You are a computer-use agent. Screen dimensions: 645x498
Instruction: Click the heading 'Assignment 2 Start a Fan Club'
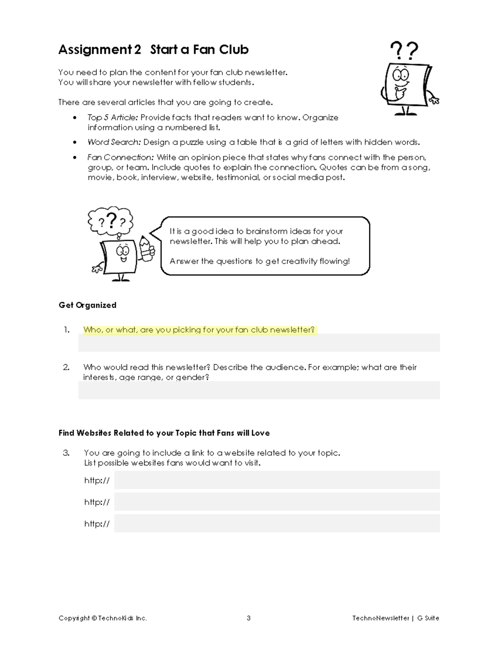pos(153,49)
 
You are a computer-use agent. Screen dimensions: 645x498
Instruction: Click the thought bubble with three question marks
pos(110,221)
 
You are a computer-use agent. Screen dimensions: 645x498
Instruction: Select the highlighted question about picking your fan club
pos(199,330)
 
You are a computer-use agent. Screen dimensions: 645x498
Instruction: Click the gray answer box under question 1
pos(259,343)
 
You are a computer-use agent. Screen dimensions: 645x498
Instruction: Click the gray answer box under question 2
pos(259,391)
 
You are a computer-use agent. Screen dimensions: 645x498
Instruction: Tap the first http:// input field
pos(277,480)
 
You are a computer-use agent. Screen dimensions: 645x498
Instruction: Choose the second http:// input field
pos(277,502)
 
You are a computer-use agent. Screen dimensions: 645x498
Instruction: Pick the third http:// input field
pos(277,523)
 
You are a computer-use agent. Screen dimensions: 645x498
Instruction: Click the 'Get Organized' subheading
pos(87,305)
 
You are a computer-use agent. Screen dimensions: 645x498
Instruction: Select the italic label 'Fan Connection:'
pos(120,157)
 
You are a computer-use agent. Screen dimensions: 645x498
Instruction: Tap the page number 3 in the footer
pos(249,618)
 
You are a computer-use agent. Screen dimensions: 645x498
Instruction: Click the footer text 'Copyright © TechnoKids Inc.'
pos(103,618)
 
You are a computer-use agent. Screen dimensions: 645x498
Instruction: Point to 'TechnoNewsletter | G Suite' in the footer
pos(395,618)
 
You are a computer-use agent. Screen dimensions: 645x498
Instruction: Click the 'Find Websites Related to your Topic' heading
pos(164,433)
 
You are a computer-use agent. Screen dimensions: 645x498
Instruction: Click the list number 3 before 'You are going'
pos(66,453)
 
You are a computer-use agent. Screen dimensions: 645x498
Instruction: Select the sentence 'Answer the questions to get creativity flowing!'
pos(259,261)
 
